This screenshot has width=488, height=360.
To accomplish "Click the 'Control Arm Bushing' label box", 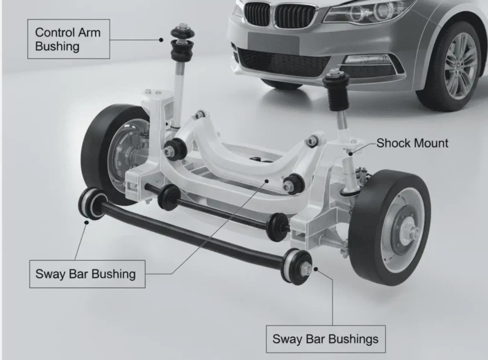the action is tap(69, 39).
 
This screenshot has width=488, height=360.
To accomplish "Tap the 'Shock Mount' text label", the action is tap(412, 143).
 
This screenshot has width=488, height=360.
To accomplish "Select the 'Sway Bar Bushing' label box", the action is tap(87, 274).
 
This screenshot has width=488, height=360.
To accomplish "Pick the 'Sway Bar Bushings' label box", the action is tap(325, 339).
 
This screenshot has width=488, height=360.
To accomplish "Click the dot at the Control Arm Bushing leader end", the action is tap(161, 40).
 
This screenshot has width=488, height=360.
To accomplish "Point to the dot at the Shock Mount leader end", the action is tap(351, 154).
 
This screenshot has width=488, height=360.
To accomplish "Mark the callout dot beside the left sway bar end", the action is tap(87, 222).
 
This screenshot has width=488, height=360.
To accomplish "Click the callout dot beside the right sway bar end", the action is tap(315, 269).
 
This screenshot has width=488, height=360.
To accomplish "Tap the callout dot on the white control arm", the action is tap(266, 180).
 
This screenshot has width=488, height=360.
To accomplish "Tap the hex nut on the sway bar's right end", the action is tap(305, 267).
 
